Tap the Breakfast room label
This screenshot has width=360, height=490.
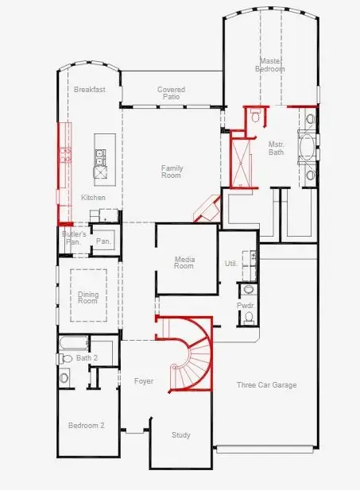coord(90,90)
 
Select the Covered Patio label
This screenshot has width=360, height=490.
coord(171,94)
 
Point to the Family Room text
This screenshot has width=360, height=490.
coord(172,172)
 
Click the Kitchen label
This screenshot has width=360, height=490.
coord(93,198)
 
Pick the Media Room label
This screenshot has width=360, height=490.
coord(184,262)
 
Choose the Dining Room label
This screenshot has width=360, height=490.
coord(88,299)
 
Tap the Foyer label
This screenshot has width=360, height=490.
coord(144,382)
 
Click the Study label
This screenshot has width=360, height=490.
coord(181,435)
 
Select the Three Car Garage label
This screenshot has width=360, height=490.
coord(266,385)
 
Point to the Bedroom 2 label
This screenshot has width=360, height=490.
coord(86,426)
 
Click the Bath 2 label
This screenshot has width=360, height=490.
coord(86,358)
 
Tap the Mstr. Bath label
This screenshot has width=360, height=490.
coord(277,149)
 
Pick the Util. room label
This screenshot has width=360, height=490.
coord(231,263)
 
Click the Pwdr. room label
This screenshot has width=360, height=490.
coord(245,305)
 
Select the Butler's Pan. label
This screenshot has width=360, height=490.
coord(73,237)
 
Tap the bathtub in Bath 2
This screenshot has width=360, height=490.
coord(72,343)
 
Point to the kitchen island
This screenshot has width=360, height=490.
coord(100,156)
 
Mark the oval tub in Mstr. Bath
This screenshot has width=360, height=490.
coord(308,149)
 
